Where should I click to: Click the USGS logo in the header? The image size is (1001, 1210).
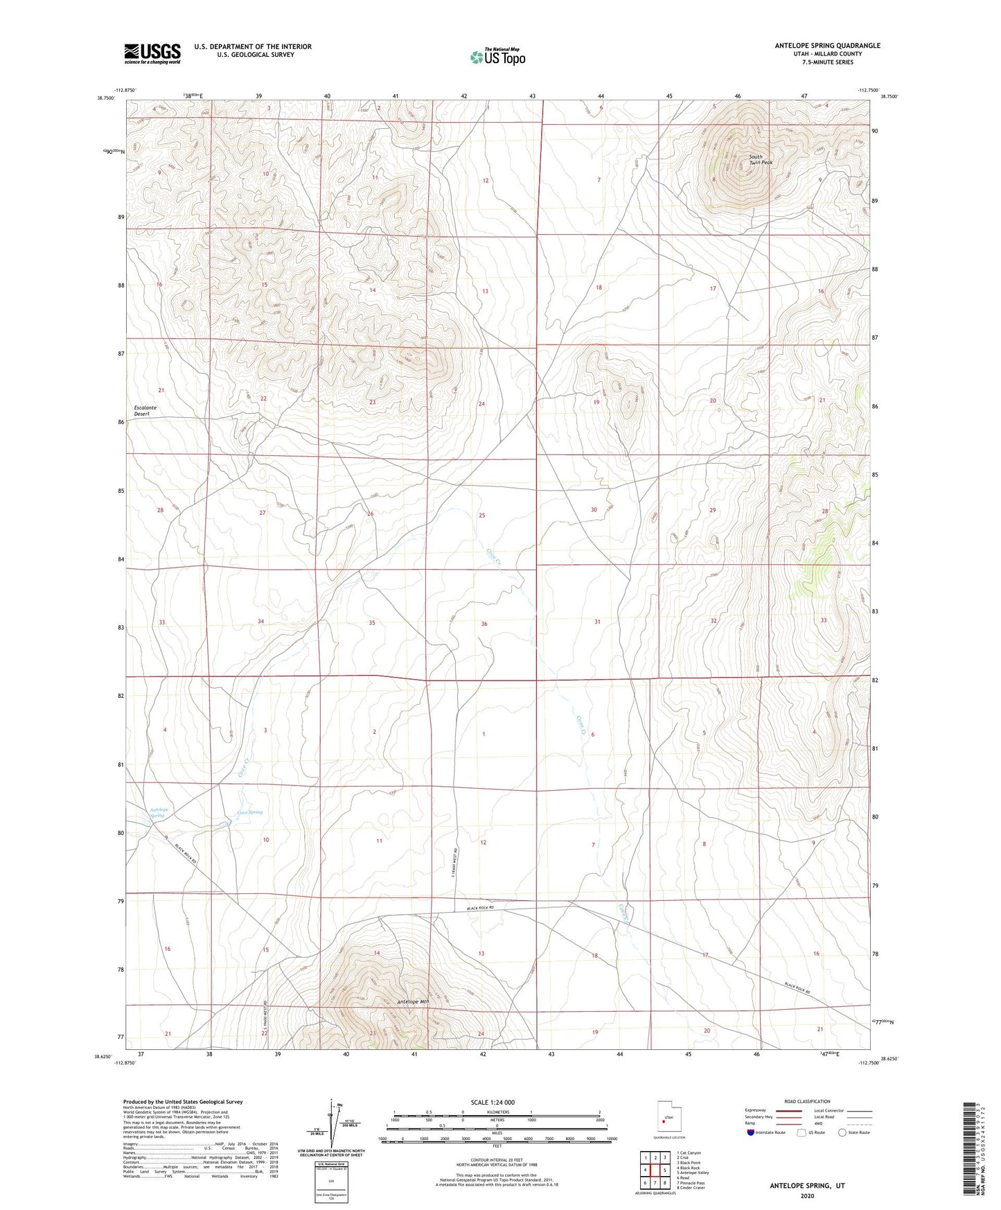click(152, 53)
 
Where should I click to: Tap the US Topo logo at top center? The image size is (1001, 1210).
click(497, 56)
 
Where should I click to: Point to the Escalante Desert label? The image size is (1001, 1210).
click(145, 410)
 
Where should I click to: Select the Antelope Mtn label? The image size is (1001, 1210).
click(414, 1001)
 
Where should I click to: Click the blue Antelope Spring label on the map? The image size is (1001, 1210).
click(159, 812)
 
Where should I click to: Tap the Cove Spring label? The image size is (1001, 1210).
click(250, 812)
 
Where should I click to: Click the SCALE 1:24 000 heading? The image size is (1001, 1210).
click(493, 1103)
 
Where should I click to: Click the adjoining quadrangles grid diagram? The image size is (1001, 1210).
click(655, 1170)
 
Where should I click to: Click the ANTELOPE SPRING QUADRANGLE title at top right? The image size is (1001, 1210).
click(827, 46)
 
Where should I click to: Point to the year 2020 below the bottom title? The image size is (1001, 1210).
click(807, 1195)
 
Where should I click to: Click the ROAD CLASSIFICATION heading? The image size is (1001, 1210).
click(807, 1101)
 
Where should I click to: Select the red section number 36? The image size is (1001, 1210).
click(484, 624)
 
